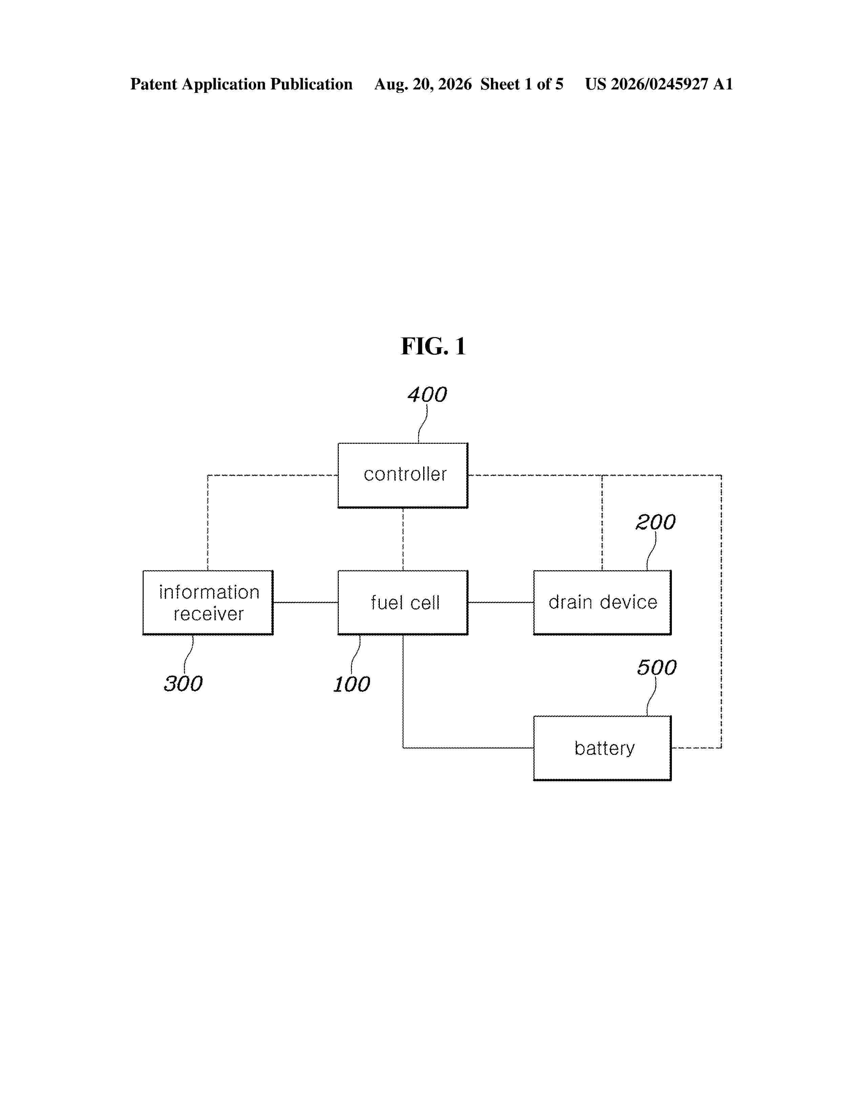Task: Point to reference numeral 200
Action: point(656,522)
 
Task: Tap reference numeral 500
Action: point(657,667)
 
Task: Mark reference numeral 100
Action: point(352,684)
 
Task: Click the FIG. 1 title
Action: point(433,347)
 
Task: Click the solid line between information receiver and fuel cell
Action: point(306,602)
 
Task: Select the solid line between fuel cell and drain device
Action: point(500,602)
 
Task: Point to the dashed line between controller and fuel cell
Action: point(403,539)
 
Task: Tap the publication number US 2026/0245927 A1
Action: point(659,84)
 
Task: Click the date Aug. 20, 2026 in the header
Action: point(423,84)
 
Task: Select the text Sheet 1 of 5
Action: point(521,84)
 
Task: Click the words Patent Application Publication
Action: point(241,84)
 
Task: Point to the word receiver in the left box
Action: point(208,614)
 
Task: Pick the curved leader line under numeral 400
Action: point(423,423)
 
